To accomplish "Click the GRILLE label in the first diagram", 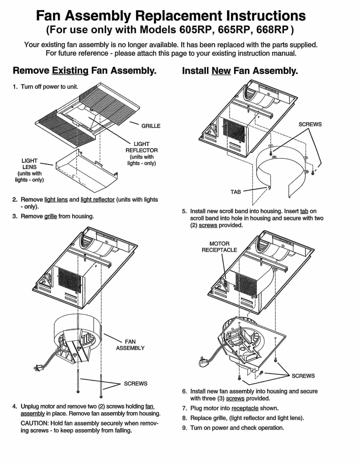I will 151,126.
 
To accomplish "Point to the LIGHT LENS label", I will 29,164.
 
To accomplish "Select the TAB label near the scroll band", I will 236,192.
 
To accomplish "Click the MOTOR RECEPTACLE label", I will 219,247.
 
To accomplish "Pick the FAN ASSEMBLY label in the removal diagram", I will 130,345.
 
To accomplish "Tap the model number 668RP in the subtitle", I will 272,30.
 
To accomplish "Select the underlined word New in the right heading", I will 221,71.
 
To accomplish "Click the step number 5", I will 184,211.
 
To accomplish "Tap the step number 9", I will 184,428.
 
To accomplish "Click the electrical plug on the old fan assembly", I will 37,367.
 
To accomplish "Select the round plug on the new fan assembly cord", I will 203,364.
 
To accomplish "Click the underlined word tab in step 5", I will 304,211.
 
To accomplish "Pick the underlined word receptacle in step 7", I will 245,408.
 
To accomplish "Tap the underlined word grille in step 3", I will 51,216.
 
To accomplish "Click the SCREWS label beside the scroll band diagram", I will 310,124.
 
